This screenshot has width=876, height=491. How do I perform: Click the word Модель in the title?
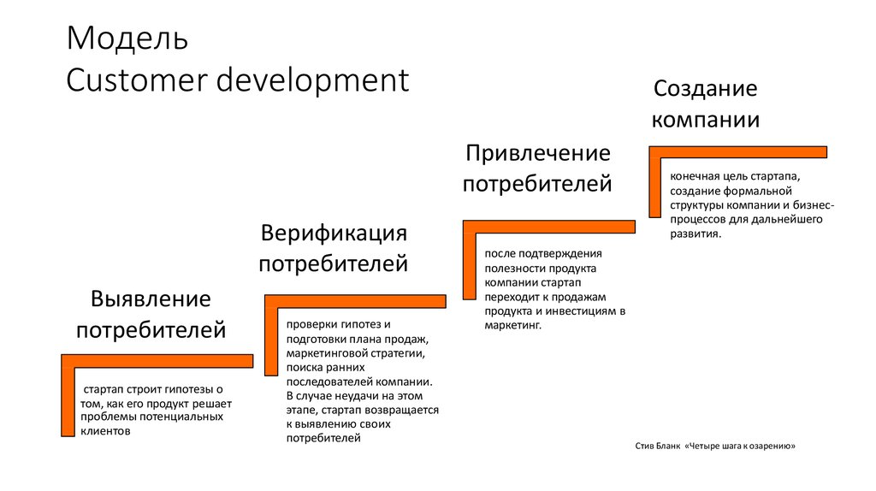click(x=127, y=38)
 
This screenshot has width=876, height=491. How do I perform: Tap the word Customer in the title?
click(x=137, y=80)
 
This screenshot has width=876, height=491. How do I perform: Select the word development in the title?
click(x=313, y=81)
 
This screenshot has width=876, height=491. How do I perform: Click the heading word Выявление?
click(x=151, y=299)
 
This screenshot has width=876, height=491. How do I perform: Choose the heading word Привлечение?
click(x=538, y=154)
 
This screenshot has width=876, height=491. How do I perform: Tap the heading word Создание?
click(x=706, y=88)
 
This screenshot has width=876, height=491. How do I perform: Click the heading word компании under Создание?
click(x=706, y=120)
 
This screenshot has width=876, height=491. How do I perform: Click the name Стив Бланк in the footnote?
click(x=658, y=446)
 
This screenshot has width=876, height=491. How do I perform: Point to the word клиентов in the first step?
click(x=105, y=431)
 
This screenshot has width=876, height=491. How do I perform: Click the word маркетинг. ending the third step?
click(x=513, y=325)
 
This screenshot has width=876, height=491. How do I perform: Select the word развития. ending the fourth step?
click(x=695, y=234)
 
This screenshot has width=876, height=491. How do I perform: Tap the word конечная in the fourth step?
click(x=694, y=176)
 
